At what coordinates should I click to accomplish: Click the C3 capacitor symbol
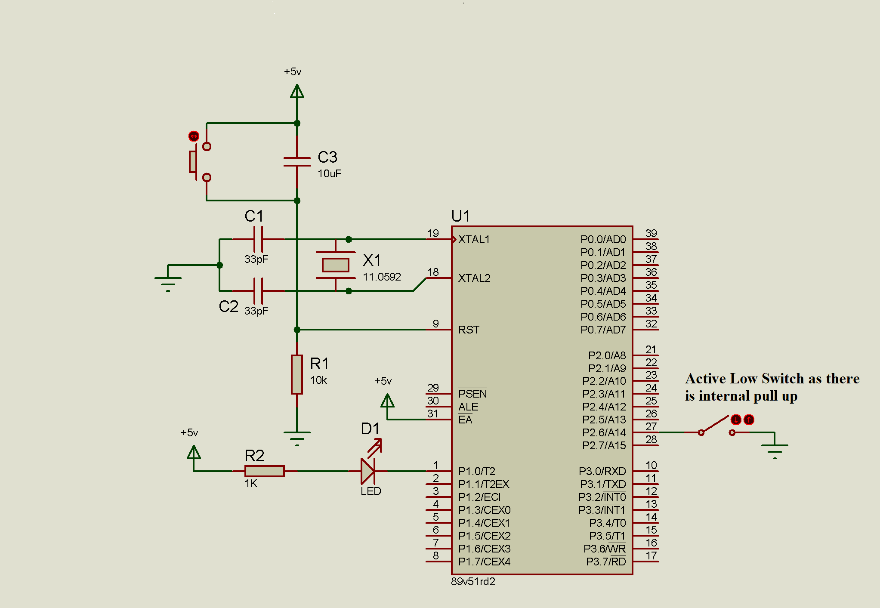(297, 162)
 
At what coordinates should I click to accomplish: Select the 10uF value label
(329, 173)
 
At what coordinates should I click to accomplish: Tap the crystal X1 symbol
(336, 265)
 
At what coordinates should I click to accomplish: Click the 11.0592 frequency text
(382, 277)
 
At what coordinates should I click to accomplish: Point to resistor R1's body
(297, 374)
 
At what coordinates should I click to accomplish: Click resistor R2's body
(264, 471)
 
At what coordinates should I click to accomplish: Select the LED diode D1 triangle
(367, 471)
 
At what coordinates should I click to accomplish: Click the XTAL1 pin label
(474, 239)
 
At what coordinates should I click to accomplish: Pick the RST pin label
(469, 330)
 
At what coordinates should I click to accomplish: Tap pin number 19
(433, 233)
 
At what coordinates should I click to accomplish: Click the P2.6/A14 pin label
(604, 432)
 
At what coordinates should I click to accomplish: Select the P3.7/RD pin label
(606, 562)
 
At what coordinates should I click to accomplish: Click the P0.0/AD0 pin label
(603, 239)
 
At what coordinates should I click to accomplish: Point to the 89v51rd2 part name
(473, 581)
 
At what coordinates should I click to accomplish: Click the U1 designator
(460, 216)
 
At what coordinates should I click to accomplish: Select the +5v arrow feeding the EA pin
(387, 401)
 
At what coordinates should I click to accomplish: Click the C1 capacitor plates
(258, 239)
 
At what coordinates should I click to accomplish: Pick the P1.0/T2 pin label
(476, 471)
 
